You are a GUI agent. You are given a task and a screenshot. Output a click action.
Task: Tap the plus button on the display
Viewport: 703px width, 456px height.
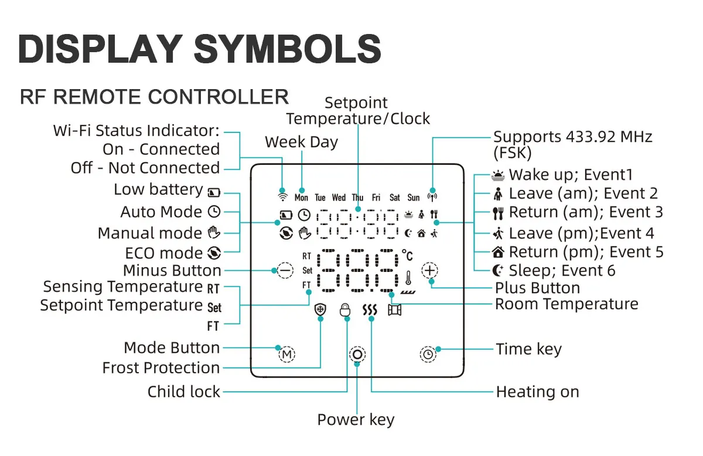[x=430, y=270]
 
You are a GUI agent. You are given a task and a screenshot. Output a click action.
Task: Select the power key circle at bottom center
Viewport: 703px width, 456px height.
[x=357, y=355]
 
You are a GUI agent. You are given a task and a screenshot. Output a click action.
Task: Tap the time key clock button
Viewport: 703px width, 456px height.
[x=429, y=354]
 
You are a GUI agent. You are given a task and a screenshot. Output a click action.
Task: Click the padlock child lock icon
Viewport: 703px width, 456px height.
[x=344, y=309]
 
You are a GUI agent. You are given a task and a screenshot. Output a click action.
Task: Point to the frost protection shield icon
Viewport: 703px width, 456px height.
[x=320, y=309]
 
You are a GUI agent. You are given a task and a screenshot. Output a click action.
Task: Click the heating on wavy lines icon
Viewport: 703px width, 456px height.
[x=369, y=309]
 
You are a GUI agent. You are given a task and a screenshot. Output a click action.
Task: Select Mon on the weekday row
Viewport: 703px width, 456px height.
[x=301, y=198]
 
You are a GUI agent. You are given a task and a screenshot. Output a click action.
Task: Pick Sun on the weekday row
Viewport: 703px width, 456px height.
[x=414, y=198]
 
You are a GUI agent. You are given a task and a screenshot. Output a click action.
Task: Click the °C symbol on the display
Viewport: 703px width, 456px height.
[x=407, y=256]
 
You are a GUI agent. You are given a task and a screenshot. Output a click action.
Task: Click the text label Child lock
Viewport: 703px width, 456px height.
[x=183, y=392]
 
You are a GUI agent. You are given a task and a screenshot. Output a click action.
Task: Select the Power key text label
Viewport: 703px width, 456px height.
[x=356, y=420]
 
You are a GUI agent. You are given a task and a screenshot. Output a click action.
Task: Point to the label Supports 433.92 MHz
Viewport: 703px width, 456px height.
[x=572, y=137]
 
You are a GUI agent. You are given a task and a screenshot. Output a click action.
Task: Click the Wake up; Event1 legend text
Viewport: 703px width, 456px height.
[x=571, y=175]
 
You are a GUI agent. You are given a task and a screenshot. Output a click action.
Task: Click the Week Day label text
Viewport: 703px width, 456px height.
[x=301, y=142]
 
